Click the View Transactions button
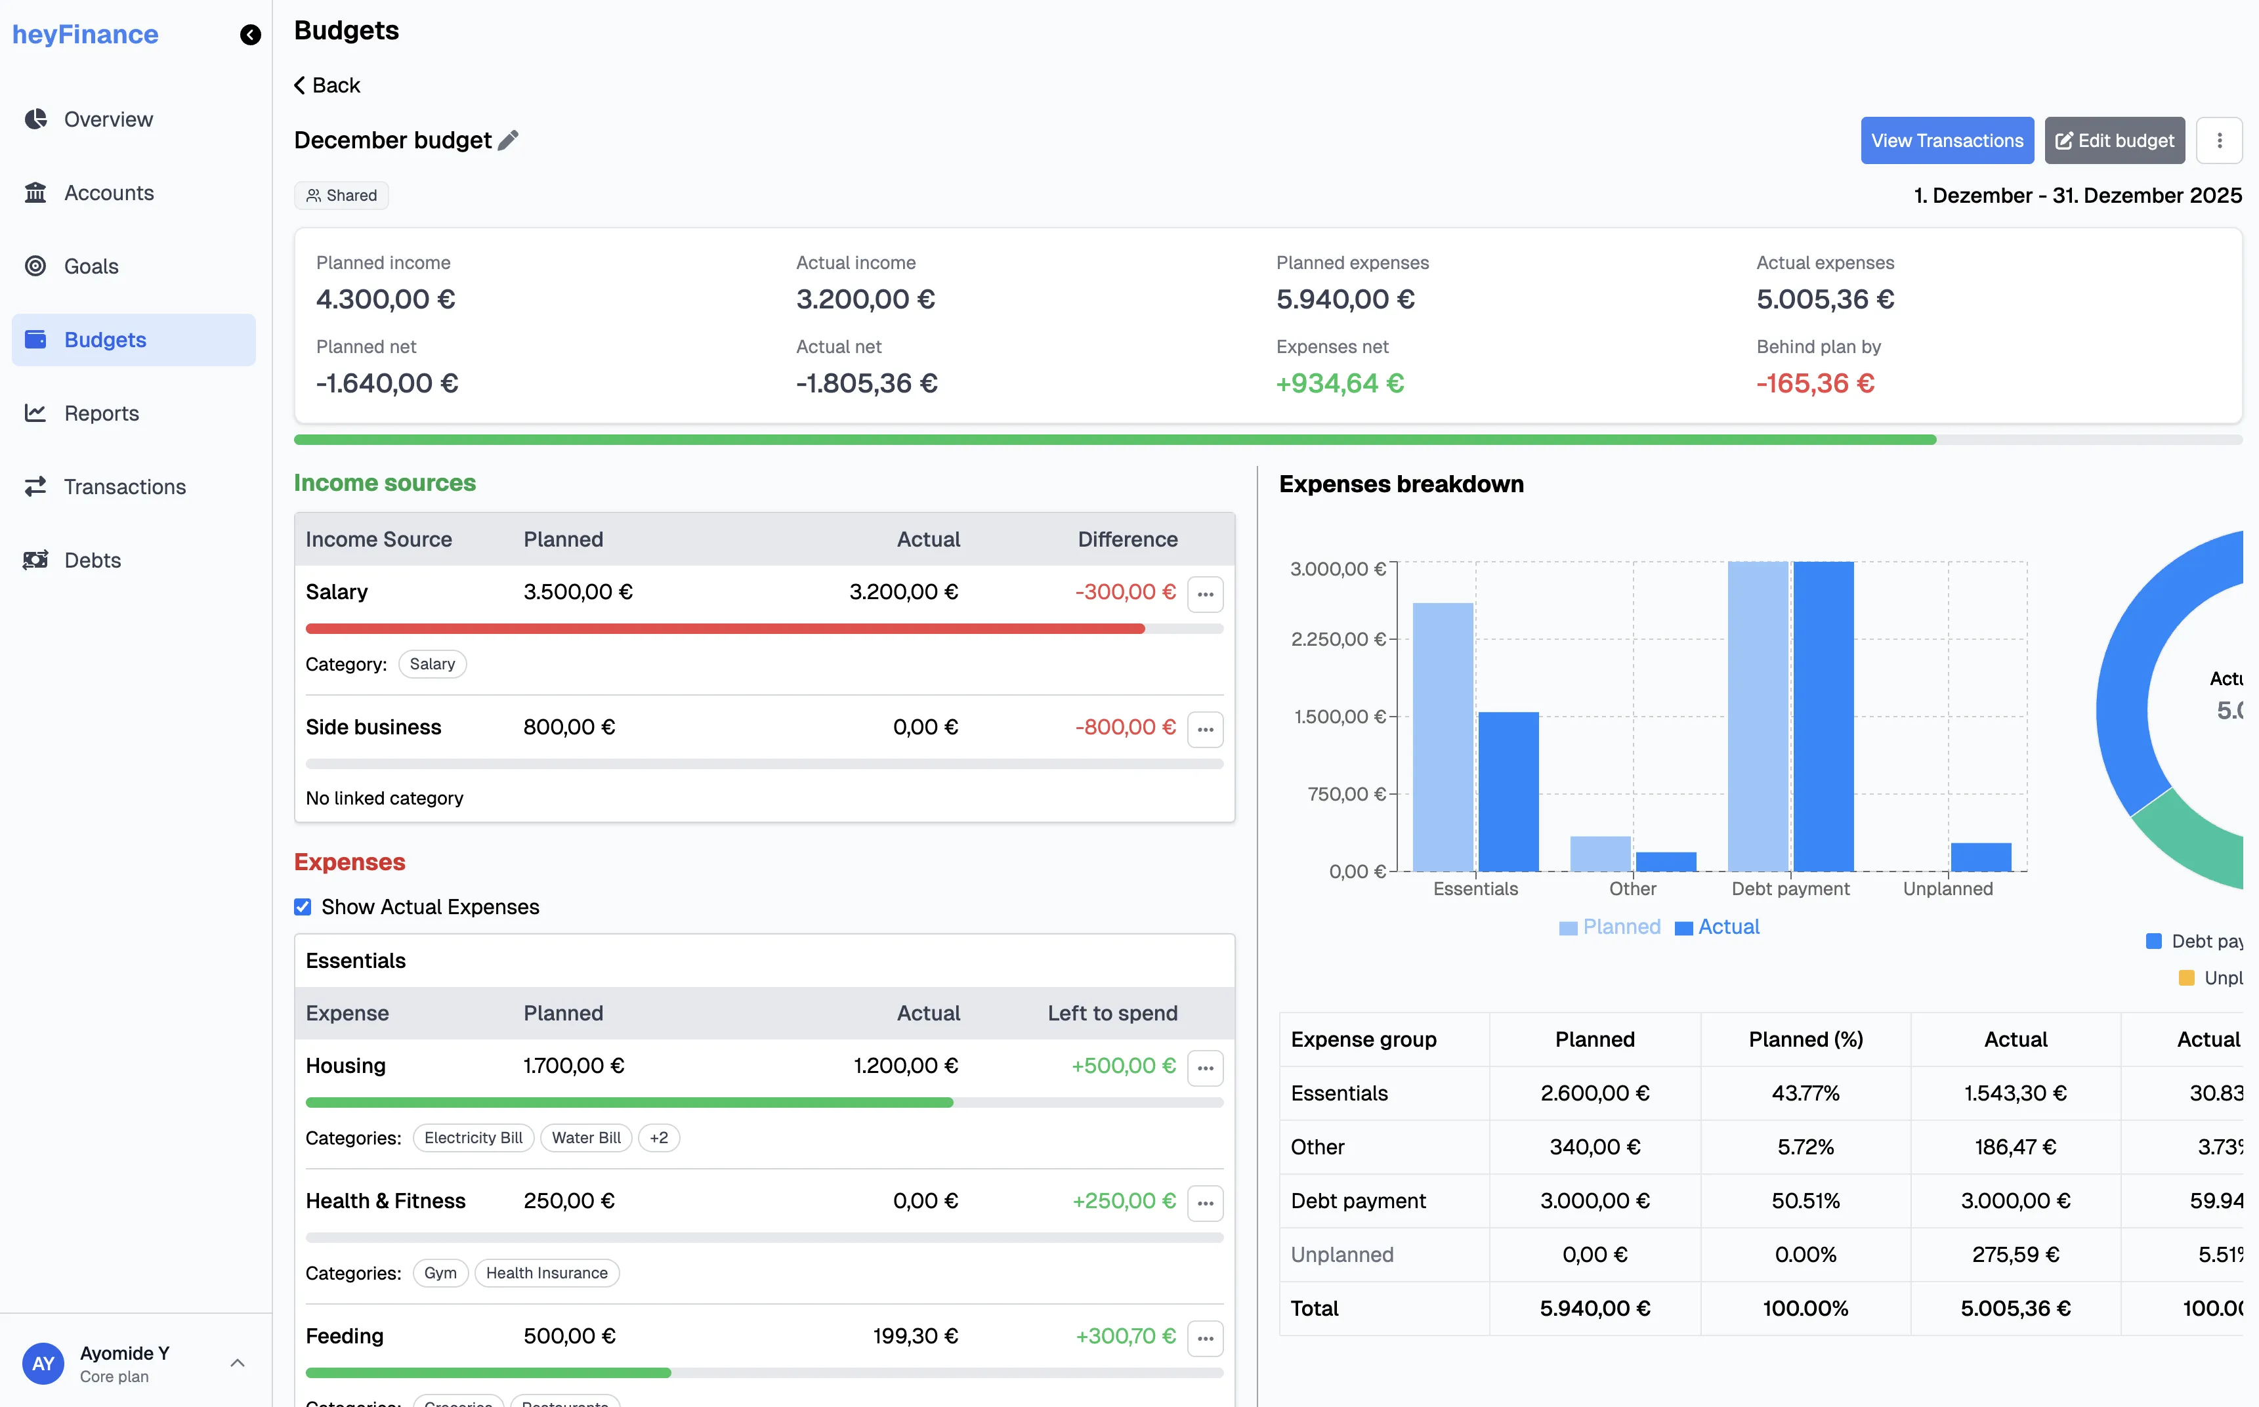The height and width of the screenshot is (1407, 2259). pos(1947,140)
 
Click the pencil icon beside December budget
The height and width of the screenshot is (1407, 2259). pos(508,140)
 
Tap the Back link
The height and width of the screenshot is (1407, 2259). pos(327,85)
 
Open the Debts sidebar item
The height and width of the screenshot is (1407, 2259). pos(92,560)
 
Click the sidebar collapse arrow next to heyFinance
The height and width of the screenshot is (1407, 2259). pos(250,35)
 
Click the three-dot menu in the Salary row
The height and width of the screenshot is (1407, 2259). pos(1205,594)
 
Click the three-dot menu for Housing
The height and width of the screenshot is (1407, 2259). pos(1205,1067)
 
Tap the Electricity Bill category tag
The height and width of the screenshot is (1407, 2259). pos(473,1137)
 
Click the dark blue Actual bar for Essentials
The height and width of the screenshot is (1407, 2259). pos(1508,791)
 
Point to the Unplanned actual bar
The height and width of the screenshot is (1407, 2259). pos(1980,856)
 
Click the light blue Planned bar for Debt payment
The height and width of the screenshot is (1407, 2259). pos(1758,717)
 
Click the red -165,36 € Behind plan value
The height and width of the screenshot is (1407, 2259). pos(1814,383)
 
